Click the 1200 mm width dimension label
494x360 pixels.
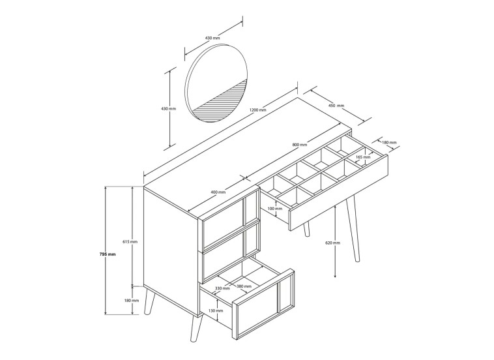click(257, 110)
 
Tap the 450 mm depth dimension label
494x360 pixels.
click(336, 106)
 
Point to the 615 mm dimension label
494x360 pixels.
click(129, 241)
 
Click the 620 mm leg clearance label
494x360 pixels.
click(332, 243)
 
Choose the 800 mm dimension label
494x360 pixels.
click(300, 145)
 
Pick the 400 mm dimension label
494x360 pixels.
click(218, 192)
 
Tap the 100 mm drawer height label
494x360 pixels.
click(274, 209)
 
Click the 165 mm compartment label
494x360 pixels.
click(364, 157)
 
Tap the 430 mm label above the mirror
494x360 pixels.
click(212, 38)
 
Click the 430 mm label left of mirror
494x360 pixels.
click(168, 108)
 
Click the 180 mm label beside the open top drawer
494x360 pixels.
click(388, 142)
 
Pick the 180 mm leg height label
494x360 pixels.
click(131, 300)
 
